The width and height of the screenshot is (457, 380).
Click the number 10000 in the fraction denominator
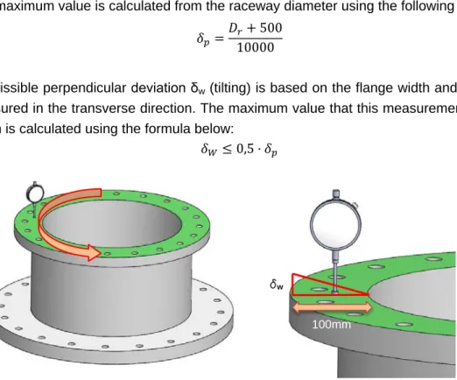click(256, 47)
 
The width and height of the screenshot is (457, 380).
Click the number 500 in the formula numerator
click(271, 28)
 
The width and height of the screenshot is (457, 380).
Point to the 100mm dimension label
click(332, 325)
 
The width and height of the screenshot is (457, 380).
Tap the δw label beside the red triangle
click(277, 284)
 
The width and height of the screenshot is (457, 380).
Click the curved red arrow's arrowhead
click(93, 252)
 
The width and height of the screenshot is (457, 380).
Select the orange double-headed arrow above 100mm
click(332, 307)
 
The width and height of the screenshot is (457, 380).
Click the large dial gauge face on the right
click(335, 225)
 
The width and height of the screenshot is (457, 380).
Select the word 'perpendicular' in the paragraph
click(85, 88)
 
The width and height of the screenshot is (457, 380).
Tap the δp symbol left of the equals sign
click(203, 39)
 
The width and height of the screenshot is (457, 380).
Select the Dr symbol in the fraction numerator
click(236, 29)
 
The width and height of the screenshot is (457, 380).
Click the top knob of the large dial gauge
click(336, 194)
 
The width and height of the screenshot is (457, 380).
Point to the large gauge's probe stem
click(335, 271)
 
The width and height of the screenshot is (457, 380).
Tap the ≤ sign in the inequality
click(227, 150)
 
